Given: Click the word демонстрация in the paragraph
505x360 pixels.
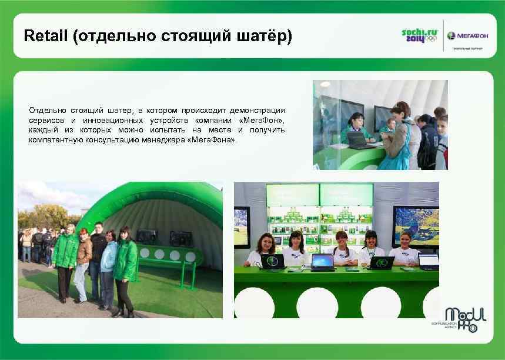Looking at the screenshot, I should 256,110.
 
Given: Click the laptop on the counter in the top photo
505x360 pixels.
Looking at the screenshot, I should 359,139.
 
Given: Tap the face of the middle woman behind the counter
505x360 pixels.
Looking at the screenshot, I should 342,238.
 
